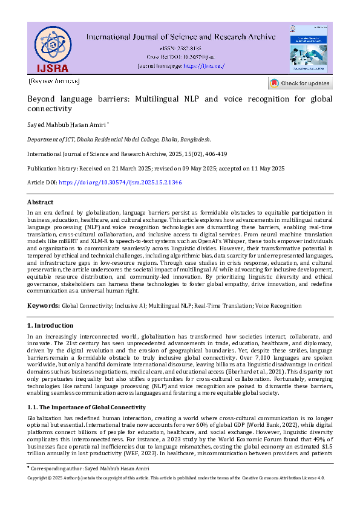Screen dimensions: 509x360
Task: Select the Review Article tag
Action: click(x=54, y=81)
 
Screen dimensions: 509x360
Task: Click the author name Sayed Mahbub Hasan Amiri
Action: click(x=67, y=125)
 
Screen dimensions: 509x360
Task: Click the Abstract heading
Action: click(x=40, y=203)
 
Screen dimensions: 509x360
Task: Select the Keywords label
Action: click(x=44, y=306)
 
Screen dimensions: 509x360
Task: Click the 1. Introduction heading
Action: click(x=51, y=326)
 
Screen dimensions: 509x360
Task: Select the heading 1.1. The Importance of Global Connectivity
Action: click(x=87, y=407)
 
